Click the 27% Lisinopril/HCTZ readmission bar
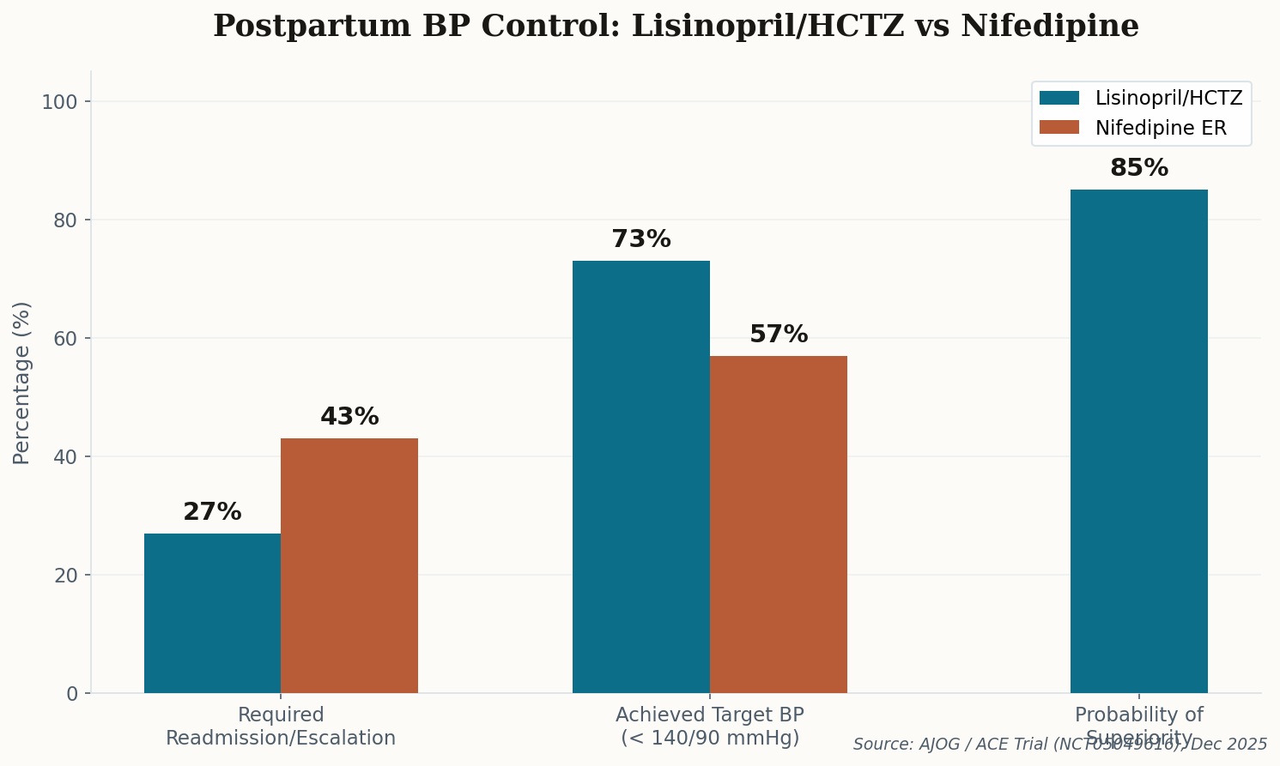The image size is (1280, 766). tap(212, 613)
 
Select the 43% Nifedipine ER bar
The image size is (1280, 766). tap(349, 566)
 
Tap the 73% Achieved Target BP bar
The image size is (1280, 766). tap(641, 477)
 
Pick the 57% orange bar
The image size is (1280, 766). tap(779, 524)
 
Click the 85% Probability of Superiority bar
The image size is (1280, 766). tap(1138, 441)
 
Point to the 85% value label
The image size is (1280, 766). tap(1138, 168)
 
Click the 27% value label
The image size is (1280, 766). tap(212, 512)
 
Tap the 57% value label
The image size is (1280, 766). tap(779, 335)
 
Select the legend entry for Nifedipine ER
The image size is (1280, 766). tap(1160, 128)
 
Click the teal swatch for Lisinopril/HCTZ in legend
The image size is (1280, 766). tap(1059, 98)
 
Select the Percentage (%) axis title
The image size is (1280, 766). tap(22, 383)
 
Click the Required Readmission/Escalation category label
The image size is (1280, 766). tap(281, 727)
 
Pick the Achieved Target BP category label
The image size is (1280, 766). tap(710, 727)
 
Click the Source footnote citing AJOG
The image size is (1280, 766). tap(1059, 745)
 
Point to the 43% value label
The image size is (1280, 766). tap(349, 417)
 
